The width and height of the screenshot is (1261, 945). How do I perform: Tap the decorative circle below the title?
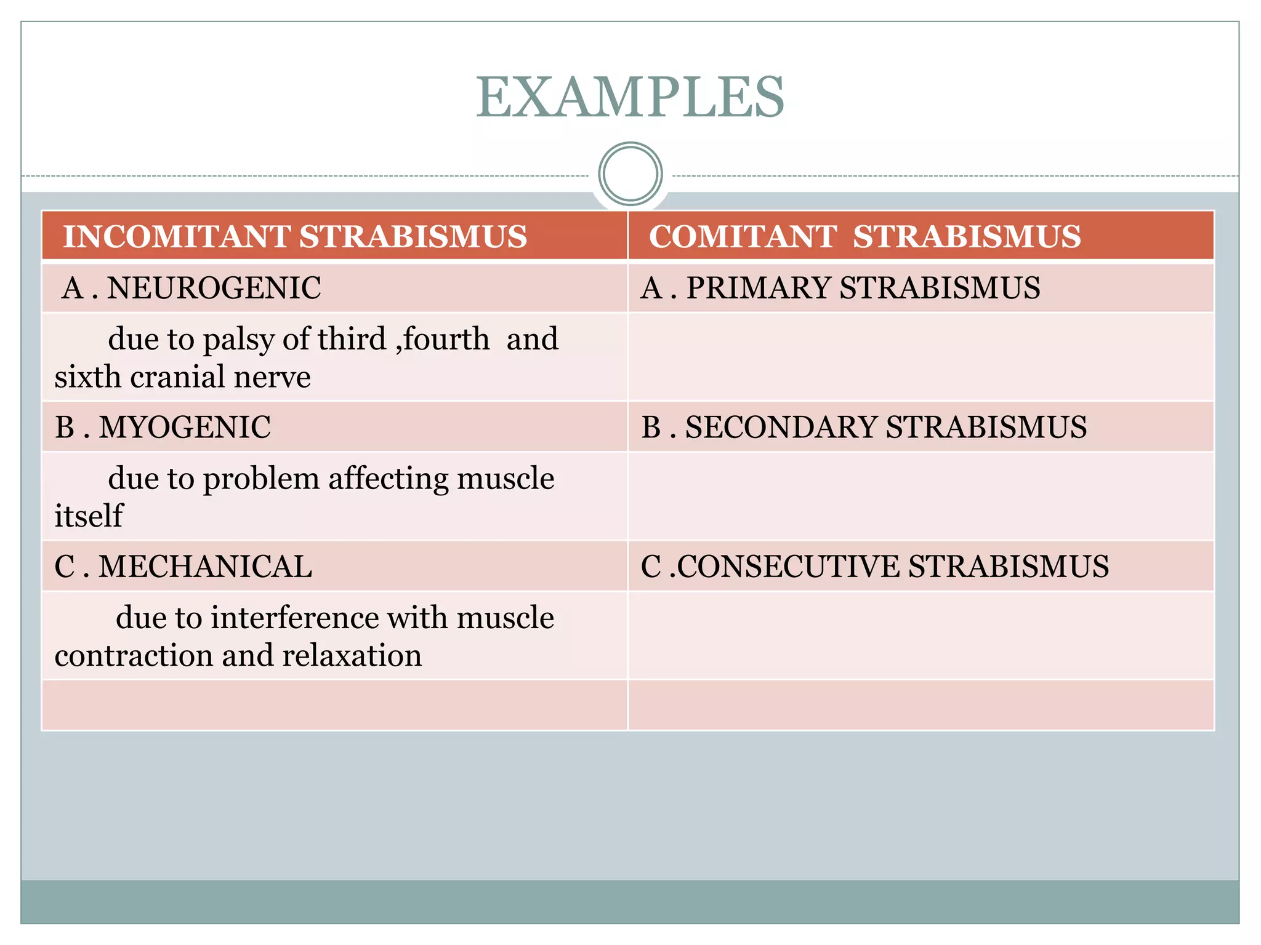point(630,174)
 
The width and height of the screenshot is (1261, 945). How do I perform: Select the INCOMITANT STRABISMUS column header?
point(295,237)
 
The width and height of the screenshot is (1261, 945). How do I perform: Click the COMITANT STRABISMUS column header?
point(864,237)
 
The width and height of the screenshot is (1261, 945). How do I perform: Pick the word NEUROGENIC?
point(214,288)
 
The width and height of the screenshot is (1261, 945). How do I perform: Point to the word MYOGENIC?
point(185,427)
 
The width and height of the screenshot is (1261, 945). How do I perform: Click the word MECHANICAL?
point(205,567)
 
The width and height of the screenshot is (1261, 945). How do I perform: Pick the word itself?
point(89,516)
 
